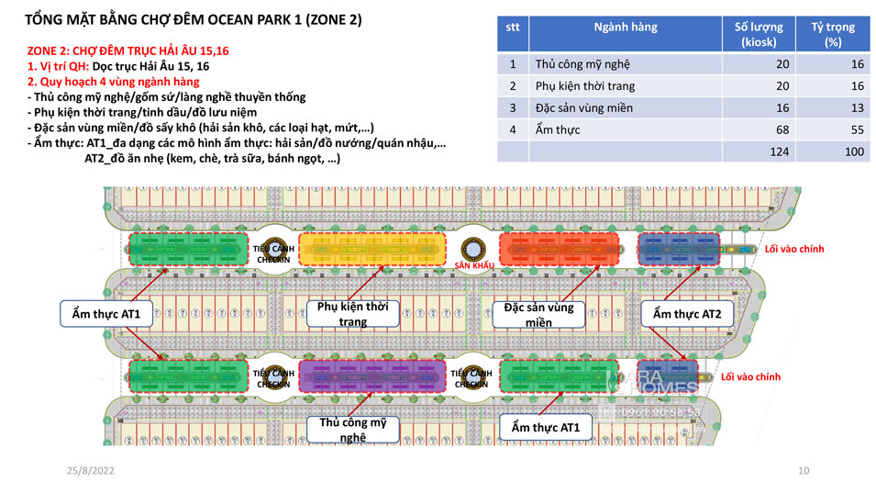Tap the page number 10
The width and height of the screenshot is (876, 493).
tap(804, 470)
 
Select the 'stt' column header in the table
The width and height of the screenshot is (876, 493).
tap(513, 27)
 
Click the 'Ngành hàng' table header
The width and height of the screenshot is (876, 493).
tap(625, 28)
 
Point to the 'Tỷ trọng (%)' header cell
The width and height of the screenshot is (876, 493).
tap(832, 34)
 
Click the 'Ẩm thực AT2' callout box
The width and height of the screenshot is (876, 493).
tap(686, 314)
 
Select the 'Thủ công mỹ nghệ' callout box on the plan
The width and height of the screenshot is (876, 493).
tap(353, 430)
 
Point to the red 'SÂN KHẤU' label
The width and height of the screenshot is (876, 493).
tap(474, 265)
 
